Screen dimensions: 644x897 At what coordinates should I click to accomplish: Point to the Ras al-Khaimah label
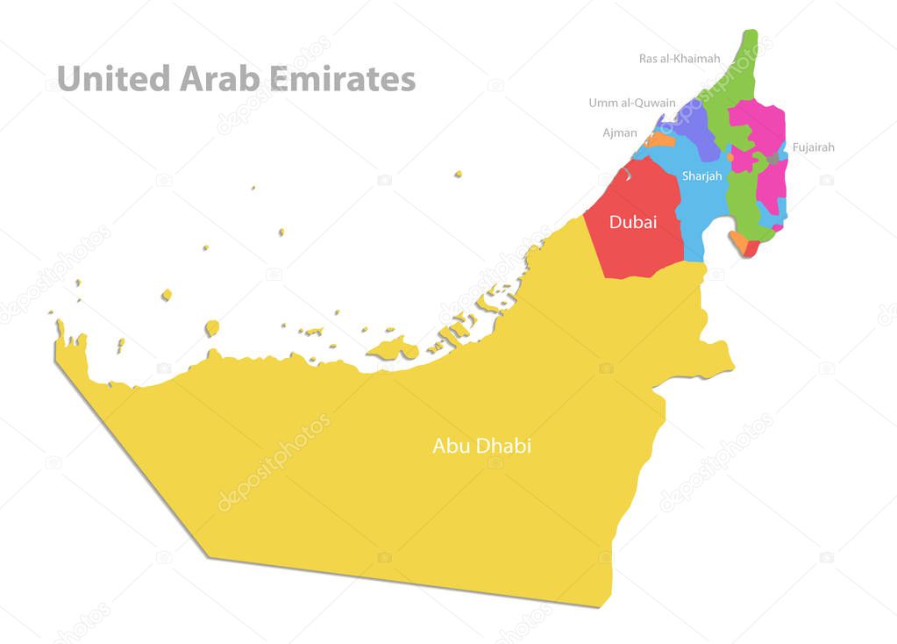pyautogui.click(x=680, y=59)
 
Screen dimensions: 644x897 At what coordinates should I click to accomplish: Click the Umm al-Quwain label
pyautogui.click(x=632, y=103)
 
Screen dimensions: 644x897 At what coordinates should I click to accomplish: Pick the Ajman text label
pyautogui.click(x=620, y=132)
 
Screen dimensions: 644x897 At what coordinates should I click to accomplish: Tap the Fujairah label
pyautogui.click(x=814, y=147)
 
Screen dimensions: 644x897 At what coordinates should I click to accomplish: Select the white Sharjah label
pyautogui.click(x=702, y=176)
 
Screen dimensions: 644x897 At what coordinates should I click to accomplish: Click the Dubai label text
pyautogui.click(x=633, y=223)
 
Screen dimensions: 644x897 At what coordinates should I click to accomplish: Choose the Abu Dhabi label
pyautogui.click(x=481, y=446)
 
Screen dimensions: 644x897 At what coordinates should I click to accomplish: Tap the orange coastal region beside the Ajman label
pyautogui.click(x=659, y=140)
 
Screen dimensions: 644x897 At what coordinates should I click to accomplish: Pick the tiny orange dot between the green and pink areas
pyautogui.click(x=730, y=158)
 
